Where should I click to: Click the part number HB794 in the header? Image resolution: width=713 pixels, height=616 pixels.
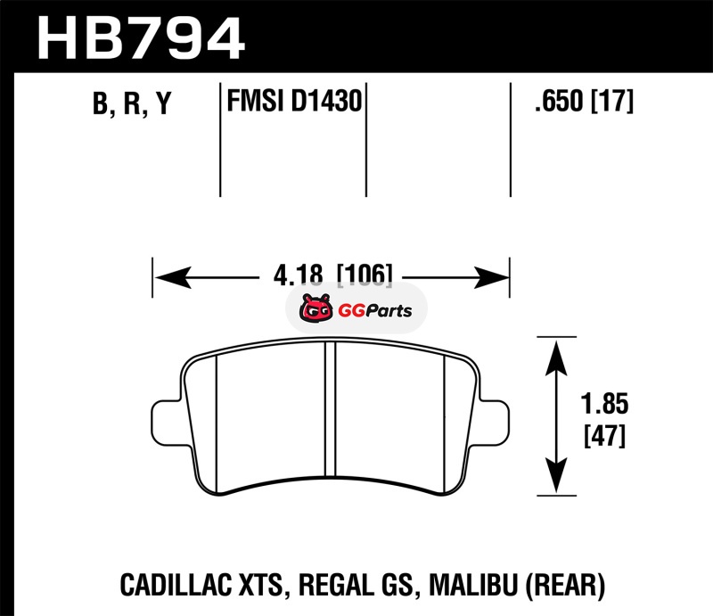(141, 38)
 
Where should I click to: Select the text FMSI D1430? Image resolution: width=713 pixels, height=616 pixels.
(294, 101)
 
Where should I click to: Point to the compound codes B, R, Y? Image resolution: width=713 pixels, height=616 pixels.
(132, 103)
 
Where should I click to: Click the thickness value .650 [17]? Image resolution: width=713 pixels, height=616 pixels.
(584, 101)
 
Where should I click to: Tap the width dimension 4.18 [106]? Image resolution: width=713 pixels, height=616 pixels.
(332, 275)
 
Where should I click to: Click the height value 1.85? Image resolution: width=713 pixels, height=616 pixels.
(605, 404)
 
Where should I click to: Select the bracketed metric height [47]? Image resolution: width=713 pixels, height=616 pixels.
(605, 435)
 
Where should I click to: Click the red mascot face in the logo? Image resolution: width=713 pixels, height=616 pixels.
(316, 308)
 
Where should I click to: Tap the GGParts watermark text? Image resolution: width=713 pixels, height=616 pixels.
(375, 311)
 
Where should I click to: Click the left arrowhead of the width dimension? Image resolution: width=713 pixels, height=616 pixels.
(173, 277)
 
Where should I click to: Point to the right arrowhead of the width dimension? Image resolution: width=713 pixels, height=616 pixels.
(491, 277)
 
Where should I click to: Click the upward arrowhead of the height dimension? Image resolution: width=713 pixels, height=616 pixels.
(556, 358)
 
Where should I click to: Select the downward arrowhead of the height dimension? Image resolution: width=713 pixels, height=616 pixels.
(556, 475)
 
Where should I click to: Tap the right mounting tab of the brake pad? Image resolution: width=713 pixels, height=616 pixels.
(495, 423)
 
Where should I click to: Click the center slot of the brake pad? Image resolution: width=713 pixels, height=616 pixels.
(331, 408)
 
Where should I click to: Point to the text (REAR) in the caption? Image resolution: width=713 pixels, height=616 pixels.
(565, 585)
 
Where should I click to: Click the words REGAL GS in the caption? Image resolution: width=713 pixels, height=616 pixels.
(356, 585)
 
